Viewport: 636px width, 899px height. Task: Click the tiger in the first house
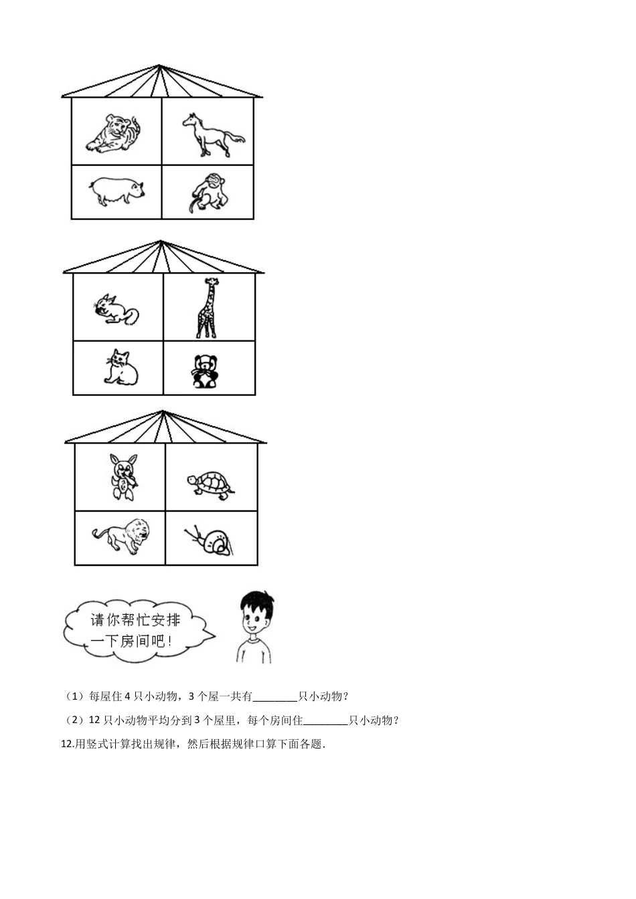(114, 133)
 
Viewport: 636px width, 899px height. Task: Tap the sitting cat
(121, 367)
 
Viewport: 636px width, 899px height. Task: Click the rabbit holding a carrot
(124, 476)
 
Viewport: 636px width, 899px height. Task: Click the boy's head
(255, 614)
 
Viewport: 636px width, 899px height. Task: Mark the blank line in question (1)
(275, 697)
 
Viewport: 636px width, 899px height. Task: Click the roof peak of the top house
(159, 66)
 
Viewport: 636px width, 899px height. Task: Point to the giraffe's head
(212, 282)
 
